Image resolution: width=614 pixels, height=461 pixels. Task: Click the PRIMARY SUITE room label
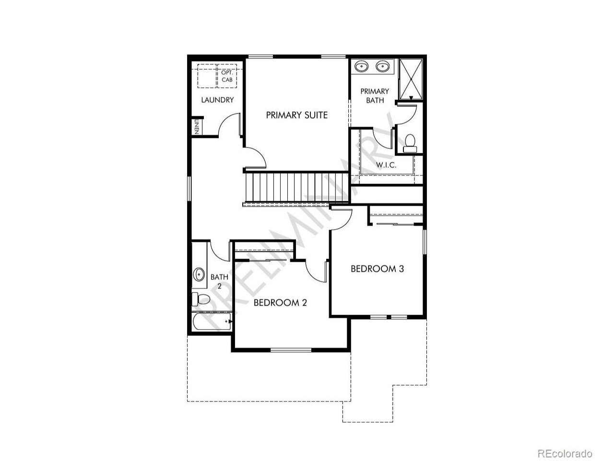pyautogui.click(x=296, y=115)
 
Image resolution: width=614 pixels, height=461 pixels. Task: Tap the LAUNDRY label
pyautogui.click(x=217, y=100)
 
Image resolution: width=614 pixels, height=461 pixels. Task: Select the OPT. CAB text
pyautogui.click(x=227, y=76)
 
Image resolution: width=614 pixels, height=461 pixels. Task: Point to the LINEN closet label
pyautogui.click(x=197, y=127)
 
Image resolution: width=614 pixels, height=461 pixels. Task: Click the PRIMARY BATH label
pyautogui.click(x=375, y=96)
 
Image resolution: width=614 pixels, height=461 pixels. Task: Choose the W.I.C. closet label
pyautogui.click(x=386, y=165)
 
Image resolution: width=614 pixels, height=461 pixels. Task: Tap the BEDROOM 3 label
pyautogui.click(x=377, y=269)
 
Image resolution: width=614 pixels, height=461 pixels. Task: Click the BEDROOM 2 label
pyautogui.click(x=280, y=303)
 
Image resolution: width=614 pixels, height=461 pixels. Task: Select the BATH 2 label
pyautogui.click(x=219, y=281)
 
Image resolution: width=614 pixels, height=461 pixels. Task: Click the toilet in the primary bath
pyautogui.click(x=410, y=143)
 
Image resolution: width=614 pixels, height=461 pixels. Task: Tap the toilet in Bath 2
pyautogui.click(x=201, y=300)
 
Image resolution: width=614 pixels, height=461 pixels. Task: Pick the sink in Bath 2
pyautogui.click(x=199, y=275)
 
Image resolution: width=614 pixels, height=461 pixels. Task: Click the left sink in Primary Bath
pyautogui.click(x=361, y=67)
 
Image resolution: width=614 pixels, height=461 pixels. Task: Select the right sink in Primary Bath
pyautogui.click(x=382, y=67)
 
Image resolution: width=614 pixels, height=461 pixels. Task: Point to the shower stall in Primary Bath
pyautogui.click(x=410, y=79)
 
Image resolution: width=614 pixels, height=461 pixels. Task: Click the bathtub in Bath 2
pyautogui.click(x=212, y=322)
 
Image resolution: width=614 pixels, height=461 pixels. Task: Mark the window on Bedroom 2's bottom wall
pyautogui.click(x=291, y=350)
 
